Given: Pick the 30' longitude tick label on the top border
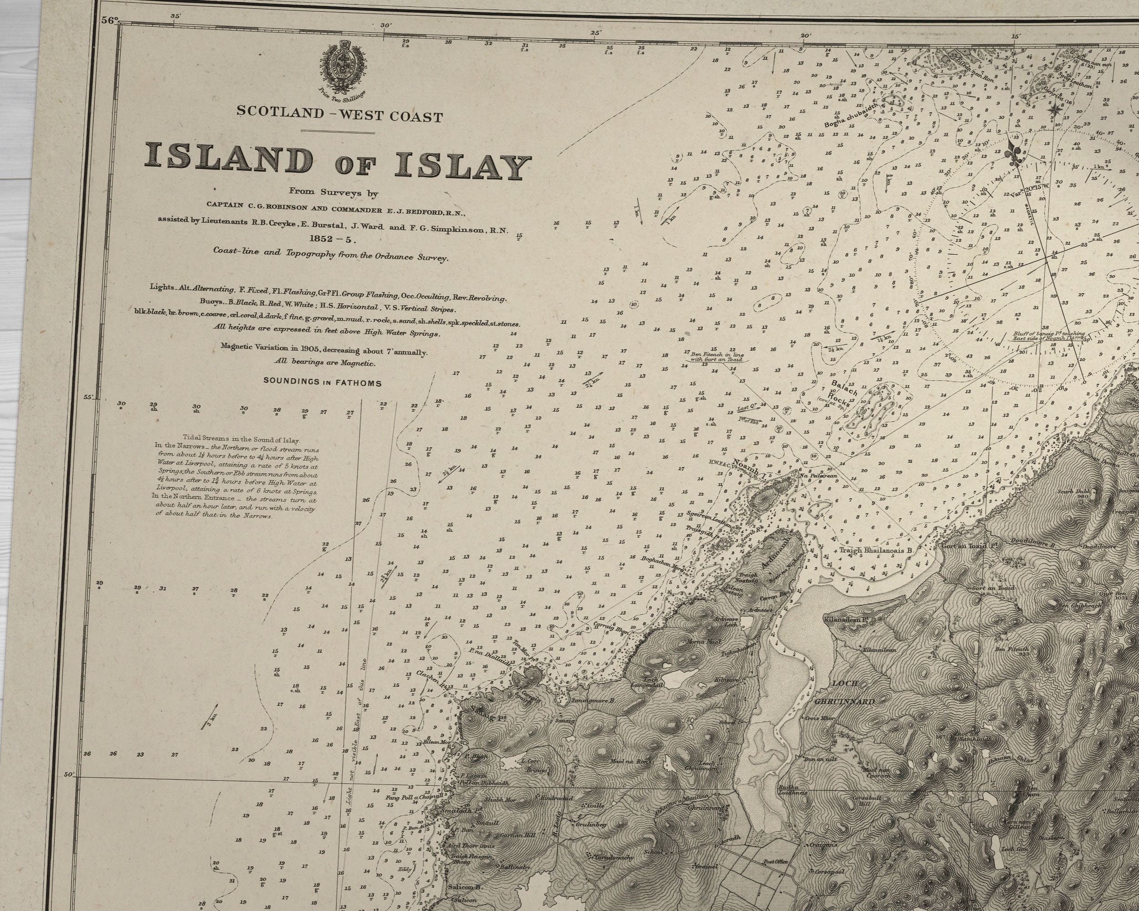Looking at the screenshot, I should [x=385, y=26].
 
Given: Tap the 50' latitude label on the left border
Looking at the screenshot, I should [x=69, y=775].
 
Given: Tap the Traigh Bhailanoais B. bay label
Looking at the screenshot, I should [x=877, y=550].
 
